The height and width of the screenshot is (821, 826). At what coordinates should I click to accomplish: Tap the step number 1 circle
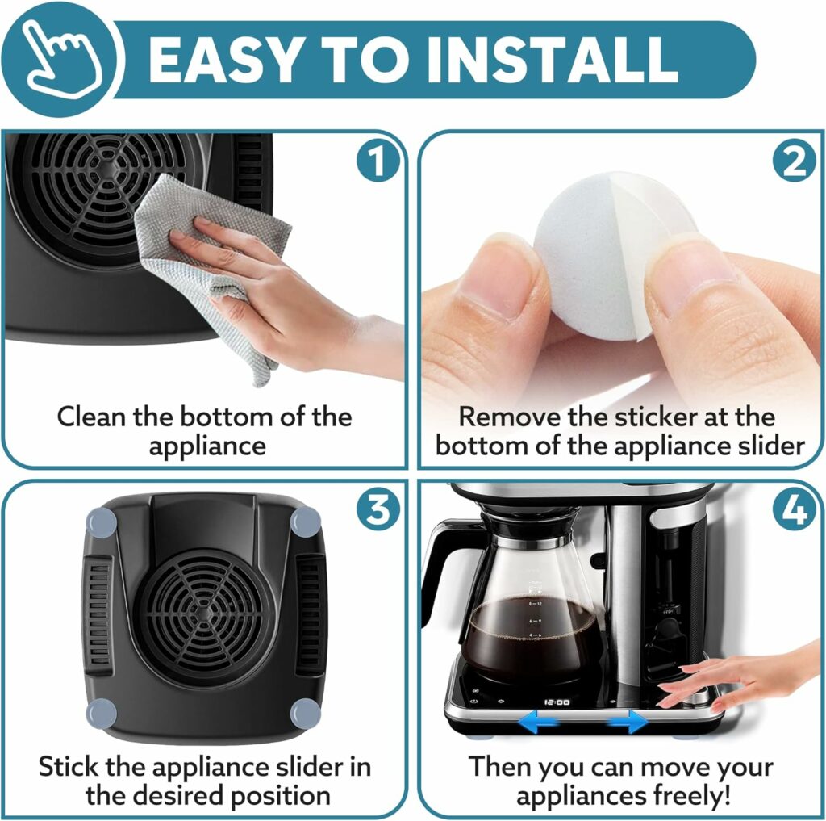click(x=377, y=162)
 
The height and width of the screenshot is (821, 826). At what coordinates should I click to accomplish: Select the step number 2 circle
click(x=794, y=162)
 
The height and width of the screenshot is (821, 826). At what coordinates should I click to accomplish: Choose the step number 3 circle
click(x=377, y=510)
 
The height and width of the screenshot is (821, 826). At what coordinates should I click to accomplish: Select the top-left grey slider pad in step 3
click(x=100, y=522)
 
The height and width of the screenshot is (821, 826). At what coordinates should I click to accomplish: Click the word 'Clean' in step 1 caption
click(x=96, y=417)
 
